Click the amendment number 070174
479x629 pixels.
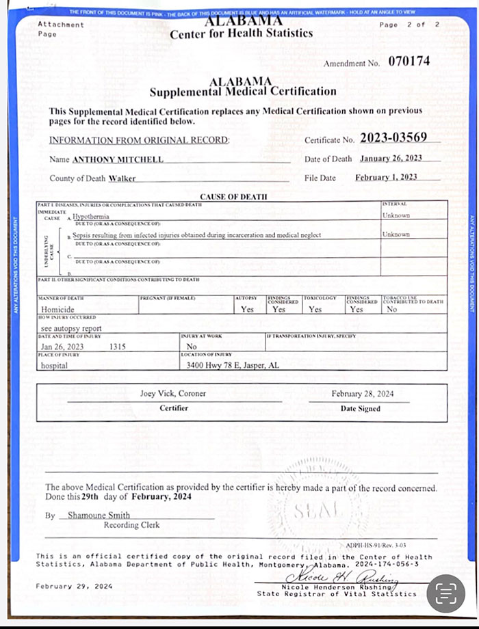click(x=409, y=61)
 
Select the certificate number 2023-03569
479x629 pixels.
click(x=393, y=137)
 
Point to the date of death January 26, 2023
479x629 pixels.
click(x=389, y=159)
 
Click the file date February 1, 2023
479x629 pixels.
click(x=387, y=178)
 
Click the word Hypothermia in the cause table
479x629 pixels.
click(x=96, y=216)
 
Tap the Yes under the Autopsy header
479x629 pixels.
click(x=248, y=309)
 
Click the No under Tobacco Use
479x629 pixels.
click(x=391, y=309)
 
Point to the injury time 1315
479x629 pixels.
click(x=118, y=347)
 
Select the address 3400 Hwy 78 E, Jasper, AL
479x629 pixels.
click(x=233, y=365)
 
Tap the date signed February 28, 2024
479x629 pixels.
click(x=363, y=394)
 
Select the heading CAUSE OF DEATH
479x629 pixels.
click(x=233, y=197)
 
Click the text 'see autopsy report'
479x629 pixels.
click(x=67, y=328)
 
